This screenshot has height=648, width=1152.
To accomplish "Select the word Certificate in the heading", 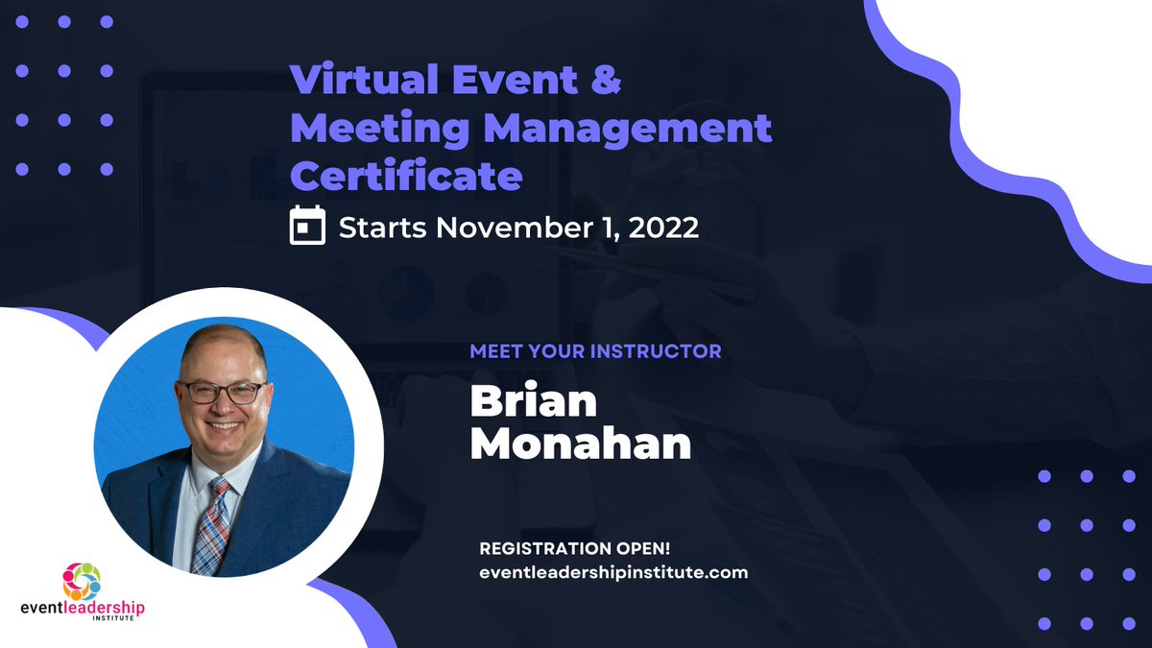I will click(x=406, y=176).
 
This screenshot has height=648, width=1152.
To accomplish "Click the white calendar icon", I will click(x=307, y=228).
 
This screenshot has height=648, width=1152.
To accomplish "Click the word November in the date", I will click(x=509, y=228).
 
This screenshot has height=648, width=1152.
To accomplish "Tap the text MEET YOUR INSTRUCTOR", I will click(x=595, y=351).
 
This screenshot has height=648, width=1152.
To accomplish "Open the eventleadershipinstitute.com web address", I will click(x=612, y=572).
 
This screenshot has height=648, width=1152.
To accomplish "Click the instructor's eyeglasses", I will click(x=222, y=392).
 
